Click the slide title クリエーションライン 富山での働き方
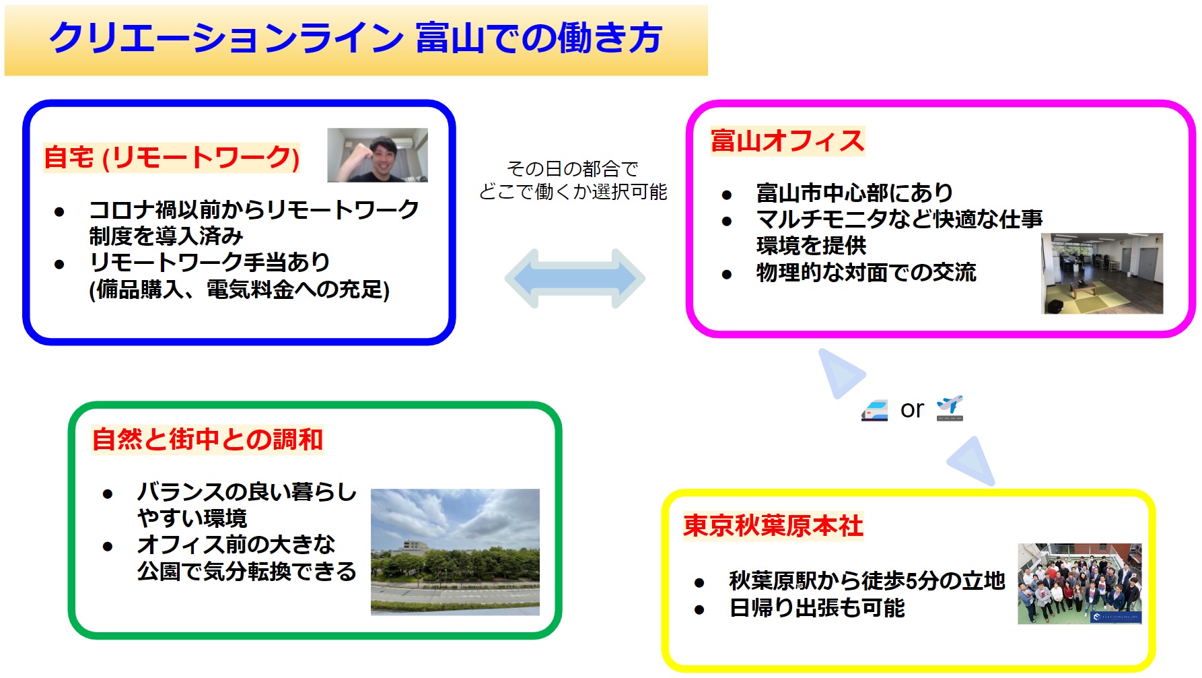355,38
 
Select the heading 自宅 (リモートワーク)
172,158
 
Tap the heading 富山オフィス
787,141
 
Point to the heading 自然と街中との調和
207,439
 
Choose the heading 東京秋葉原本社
773,526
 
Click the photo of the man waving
378,155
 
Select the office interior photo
1102,273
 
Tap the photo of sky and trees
455,551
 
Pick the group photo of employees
1080,584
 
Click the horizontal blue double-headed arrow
575,279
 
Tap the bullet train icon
875,410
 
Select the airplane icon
950,409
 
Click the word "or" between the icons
912,409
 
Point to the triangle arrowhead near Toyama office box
839,372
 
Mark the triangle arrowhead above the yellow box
973,462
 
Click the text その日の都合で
573,168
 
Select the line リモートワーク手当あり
209,262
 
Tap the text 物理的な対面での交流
866,272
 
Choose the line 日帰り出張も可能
817,608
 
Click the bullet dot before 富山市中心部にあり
727,195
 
